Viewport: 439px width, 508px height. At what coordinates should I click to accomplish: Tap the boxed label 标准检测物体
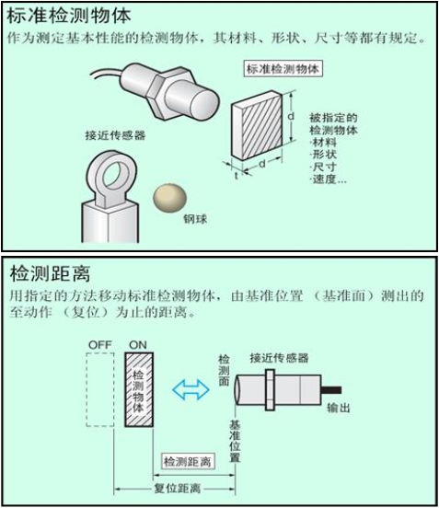click(x=283, y=69)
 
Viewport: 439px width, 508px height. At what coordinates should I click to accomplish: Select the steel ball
click(x=168, y=196)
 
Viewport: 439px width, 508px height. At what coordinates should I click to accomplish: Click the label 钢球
click(x=195, y=217)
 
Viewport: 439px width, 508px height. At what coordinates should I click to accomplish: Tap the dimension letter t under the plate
click(x=237, y=173)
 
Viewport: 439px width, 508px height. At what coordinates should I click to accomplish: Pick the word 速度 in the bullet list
click(x=326, y=179)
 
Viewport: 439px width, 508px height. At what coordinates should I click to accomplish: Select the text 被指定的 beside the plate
click(x=332, y=118)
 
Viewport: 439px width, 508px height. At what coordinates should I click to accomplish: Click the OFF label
click(x=99, y=344)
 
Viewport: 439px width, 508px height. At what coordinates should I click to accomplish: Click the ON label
click(x=139, y=344)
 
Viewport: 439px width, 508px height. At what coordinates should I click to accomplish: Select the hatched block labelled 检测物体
click(x=138, y=391)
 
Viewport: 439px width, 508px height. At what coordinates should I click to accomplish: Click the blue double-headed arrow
click(x=191, y=390)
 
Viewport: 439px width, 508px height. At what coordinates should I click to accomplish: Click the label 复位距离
click(x=178, y=489)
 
